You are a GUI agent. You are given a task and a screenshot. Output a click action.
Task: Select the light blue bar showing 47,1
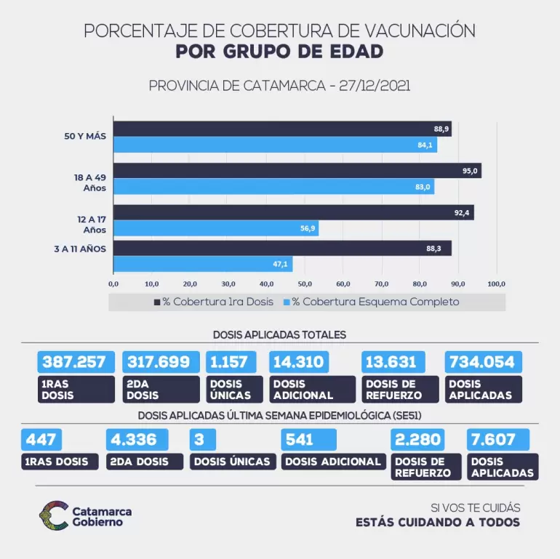pos(203,264)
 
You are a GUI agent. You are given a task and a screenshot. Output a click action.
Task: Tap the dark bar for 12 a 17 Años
pos(294,213)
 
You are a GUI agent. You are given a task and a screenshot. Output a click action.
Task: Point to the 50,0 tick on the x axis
pos(305,283)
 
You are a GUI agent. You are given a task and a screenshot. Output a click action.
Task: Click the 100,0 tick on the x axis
pos(496,283)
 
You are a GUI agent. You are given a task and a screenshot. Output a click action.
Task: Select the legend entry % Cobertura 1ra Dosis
pos(214,302)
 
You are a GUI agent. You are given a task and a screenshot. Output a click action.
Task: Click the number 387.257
pos(75,362)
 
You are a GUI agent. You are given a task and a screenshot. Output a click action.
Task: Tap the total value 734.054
pos(482,362)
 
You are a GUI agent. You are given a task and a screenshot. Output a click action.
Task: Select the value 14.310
pos(298,362)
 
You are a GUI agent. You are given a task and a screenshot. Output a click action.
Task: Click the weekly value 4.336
pos(136,440)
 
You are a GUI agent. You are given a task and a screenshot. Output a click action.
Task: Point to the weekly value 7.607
pos(495,440)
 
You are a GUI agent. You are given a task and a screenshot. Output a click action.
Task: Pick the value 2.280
pos(417,440)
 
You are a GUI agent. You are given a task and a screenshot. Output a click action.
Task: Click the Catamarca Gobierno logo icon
pos(53,515)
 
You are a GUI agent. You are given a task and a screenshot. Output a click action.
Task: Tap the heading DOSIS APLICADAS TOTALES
pos(279,334)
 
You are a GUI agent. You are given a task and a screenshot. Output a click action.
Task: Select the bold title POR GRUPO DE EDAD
pos(279,52)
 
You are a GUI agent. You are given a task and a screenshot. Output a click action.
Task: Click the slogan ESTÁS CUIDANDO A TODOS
pos(438,522)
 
